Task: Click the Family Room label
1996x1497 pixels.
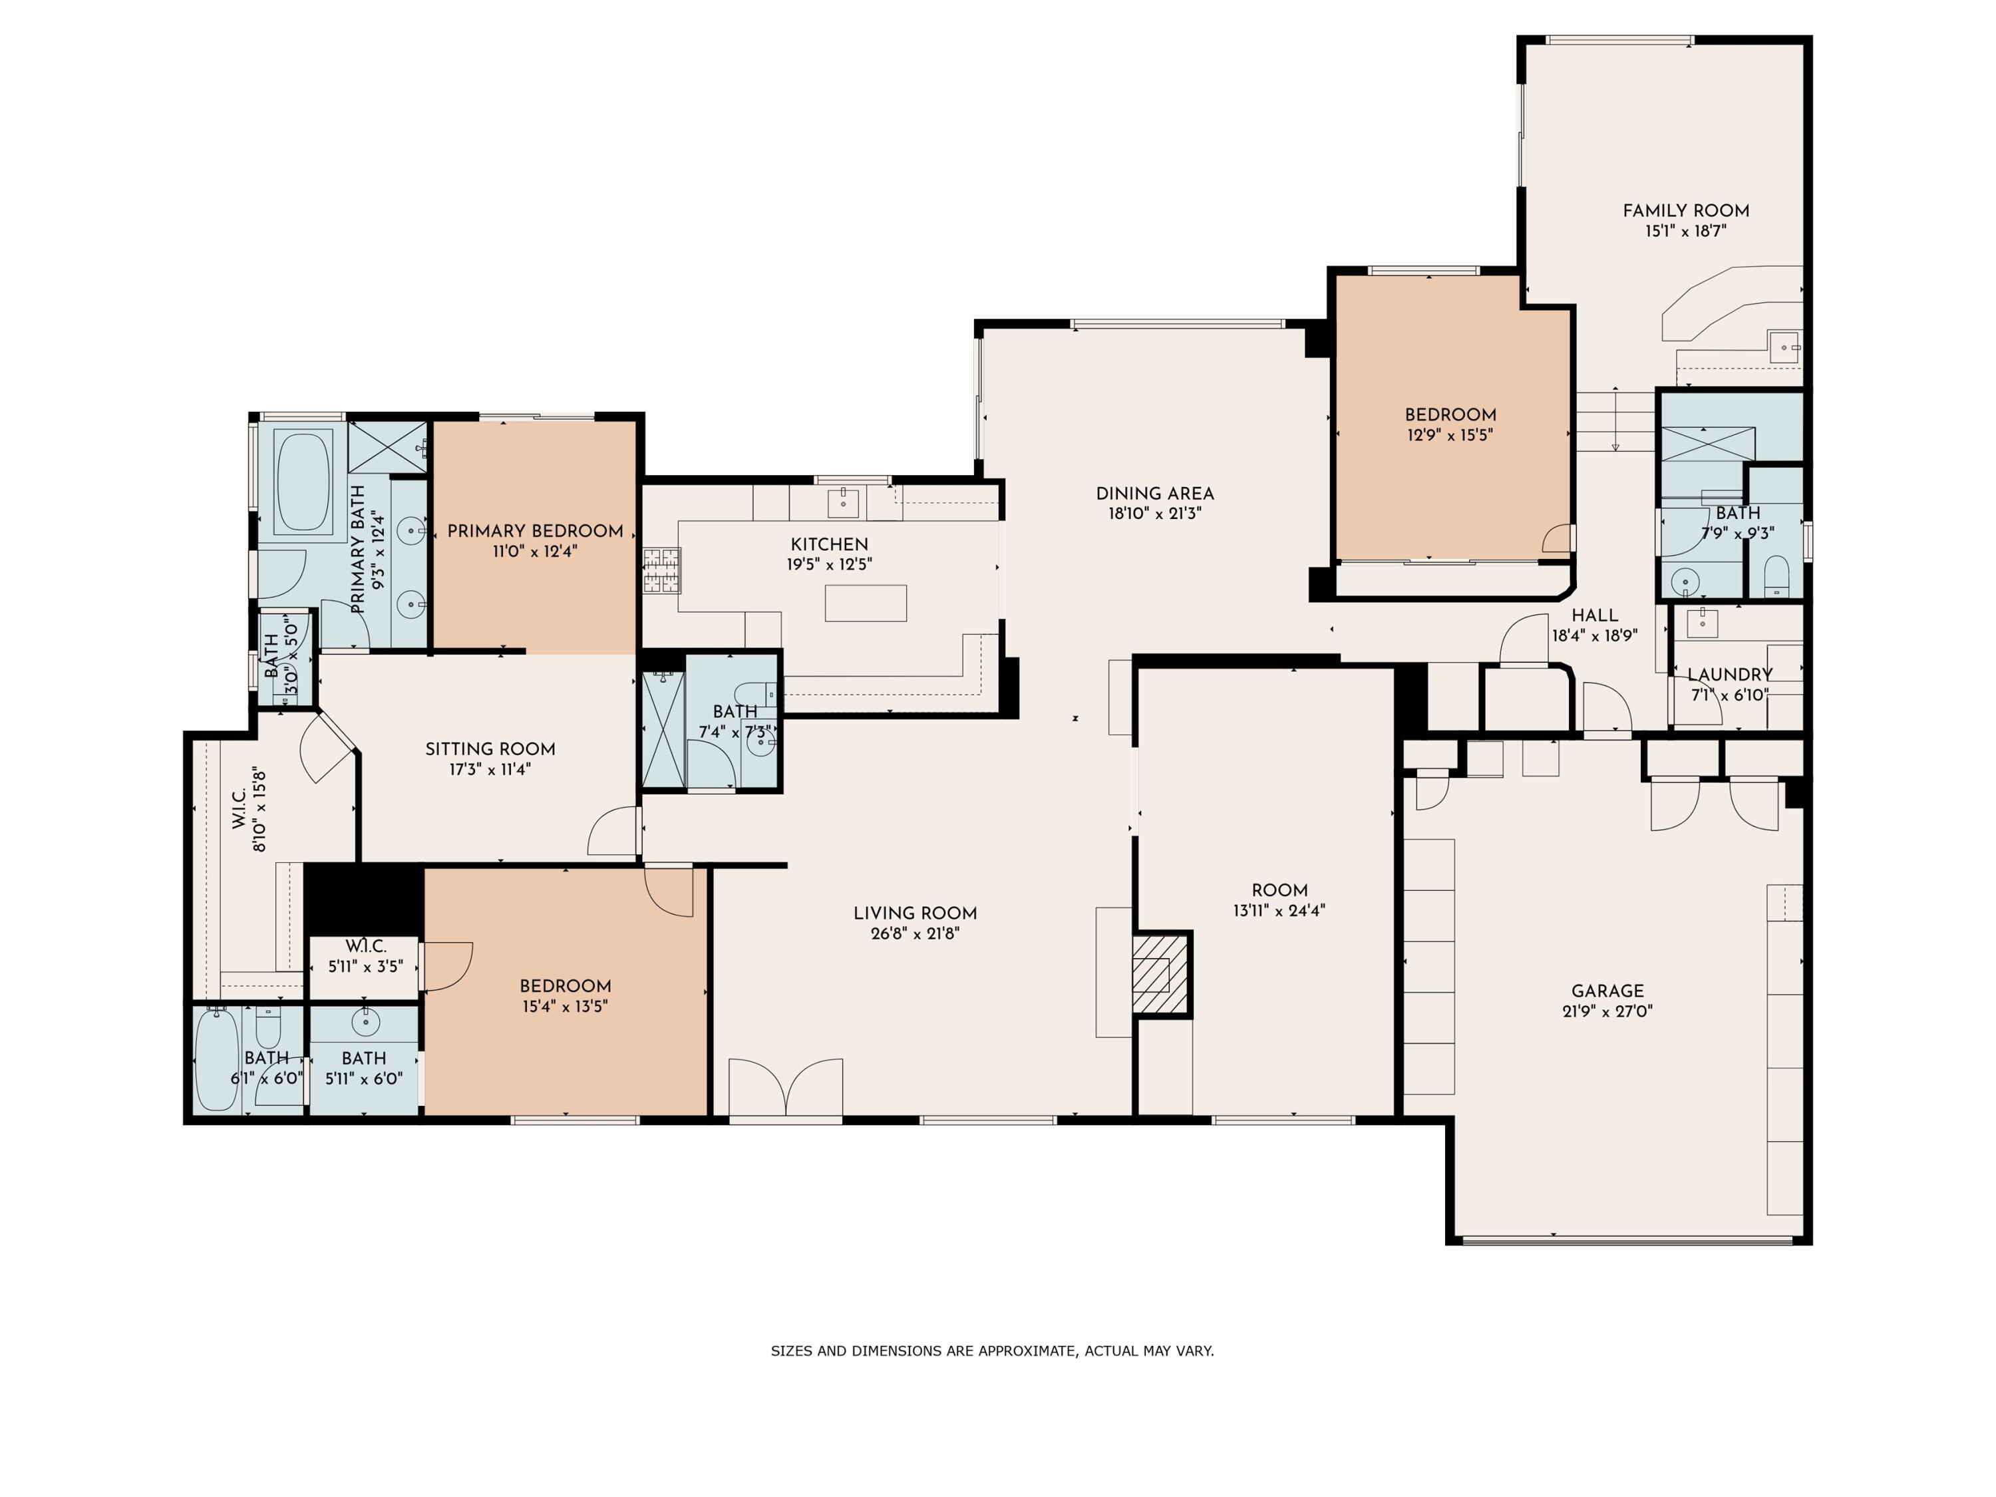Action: tap(1685, 210)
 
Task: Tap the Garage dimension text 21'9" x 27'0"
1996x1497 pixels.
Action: tap(1607, 1011)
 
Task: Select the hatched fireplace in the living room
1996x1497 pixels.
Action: tap(1160, 975)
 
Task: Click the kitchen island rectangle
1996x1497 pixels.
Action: tap(866, 603)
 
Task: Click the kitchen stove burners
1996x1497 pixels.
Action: tap(661, 570)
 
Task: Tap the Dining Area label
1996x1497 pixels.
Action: tap(1155, 494)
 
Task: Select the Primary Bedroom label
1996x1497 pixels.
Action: tap(535, 530)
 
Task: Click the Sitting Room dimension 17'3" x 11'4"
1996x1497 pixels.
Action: tap(490, 770)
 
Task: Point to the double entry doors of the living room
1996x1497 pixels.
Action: tap(786, 1089)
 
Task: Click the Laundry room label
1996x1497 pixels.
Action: tap(1730, 674)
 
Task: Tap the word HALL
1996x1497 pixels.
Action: tap(1594, 615)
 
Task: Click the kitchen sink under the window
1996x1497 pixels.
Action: tap(844, 501)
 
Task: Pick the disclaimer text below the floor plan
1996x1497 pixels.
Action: tap(993, 1351)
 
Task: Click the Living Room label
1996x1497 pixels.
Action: tap(915, 914)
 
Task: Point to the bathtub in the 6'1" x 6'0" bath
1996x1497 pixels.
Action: tap(216, 1061)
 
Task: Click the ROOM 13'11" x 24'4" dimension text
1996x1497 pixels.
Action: tap(1279, 910)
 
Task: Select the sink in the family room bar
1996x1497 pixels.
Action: tap(1784, 347)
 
